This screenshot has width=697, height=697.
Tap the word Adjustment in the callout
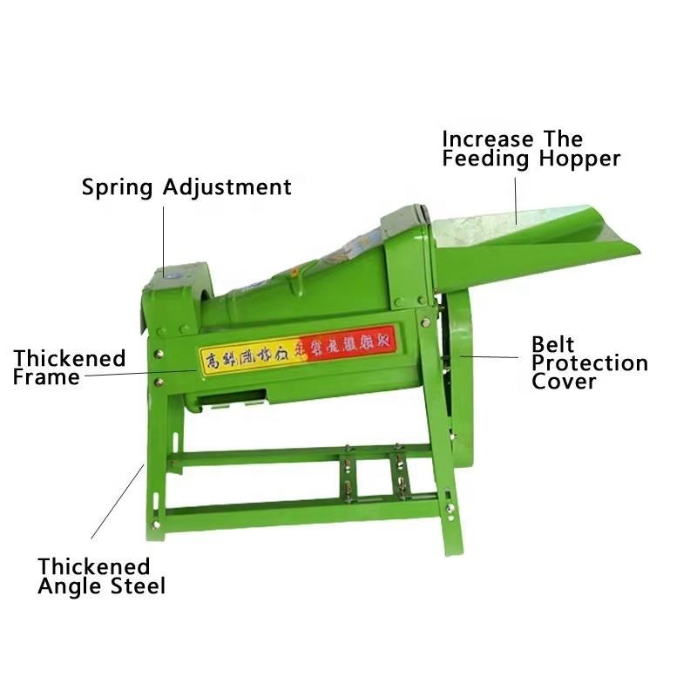227,187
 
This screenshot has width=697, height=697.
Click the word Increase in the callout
488,139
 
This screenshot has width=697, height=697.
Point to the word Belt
553,345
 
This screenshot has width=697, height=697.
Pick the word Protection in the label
590,363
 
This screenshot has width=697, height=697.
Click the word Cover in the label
564,382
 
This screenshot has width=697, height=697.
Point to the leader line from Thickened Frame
139,374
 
